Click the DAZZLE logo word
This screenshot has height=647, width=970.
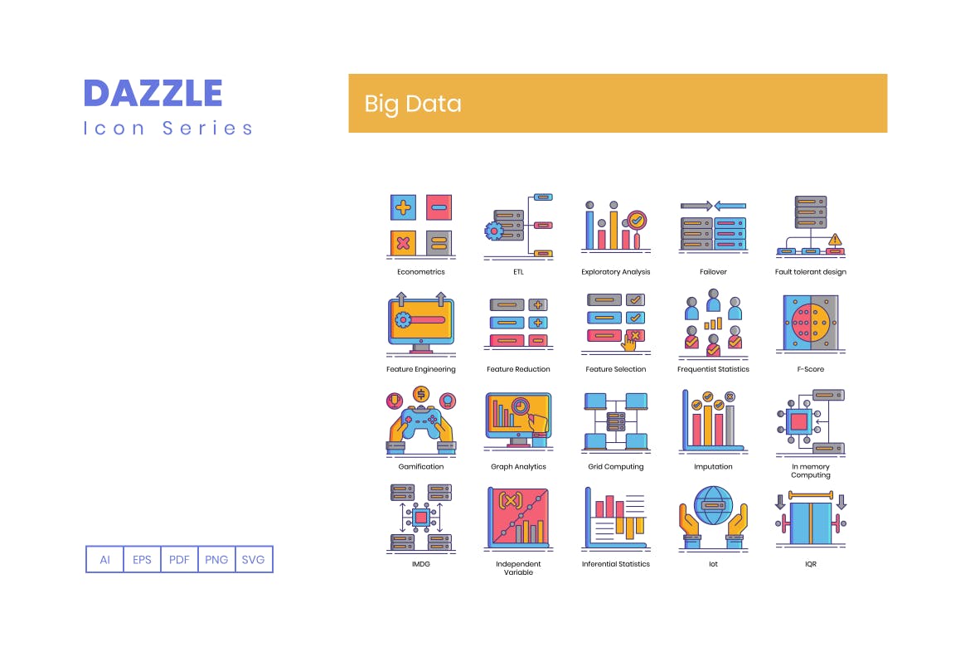[x=153, y=93]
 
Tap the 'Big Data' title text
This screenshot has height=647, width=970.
[x=413, y=104]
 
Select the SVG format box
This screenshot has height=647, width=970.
[x=254, y=559]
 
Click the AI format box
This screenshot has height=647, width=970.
[x=105, y=559]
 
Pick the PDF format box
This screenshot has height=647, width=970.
[x=179, y=559]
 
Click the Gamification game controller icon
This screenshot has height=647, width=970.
[x=421, y=422]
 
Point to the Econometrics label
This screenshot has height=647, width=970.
[x=421, y=272]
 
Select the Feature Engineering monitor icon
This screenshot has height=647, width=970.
[x=421, y=322]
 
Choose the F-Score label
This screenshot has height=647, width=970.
[x=810, y=369]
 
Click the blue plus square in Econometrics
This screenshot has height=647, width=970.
[x=404, y=207]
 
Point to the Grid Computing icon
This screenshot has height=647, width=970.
[x=616, y=422]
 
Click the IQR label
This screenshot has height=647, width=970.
[x=810, y=564]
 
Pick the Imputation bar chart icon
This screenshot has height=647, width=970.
[x=712, y=422]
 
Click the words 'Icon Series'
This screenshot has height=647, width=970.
[x=168, y=128]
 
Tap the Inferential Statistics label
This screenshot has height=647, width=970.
[x=616, y=564]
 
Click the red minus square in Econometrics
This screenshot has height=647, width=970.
[x=439, y=207]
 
